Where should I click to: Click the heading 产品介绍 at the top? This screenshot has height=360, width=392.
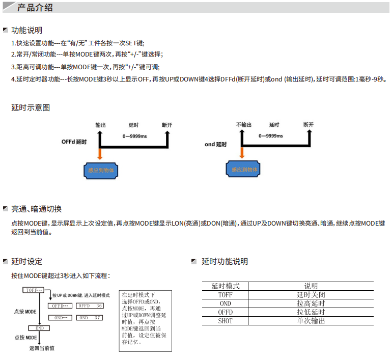tap(35, 8)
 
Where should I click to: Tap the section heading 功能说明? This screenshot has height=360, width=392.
tap(26, 31)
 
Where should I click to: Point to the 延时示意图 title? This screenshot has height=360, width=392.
tap(31, 108)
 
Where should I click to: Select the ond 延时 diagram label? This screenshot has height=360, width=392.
tap(216, 144)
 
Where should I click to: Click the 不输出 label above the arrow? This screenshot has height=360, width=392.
tap(244, 125)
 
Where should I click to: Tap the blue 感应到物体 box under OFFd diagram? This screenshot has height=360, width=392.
tap(101, 170)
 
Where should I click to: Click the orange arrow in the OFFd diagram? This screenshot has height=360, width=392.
tap(100, 154)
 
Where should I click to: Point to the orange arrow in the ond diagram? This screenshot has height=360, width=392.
tap(242, 153)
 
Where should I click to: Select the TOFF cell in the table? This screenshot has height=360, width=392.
tap(225, 295)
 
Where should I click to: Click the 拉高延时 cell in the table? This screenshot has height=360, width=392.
tap(311, 303)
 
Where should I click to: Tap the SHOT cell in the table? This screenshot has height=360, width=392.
tap(225, 321)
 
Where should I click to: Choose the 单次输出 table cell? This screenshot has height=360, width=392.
tap(311, 321)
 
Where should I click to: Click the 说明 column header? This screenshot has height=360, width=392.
tap(311, 286)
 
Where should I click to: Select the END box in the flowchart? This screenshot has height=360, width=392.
tap(39, 328)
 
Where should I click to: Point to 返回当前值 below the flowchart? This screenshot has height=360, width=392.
tap(42, 348)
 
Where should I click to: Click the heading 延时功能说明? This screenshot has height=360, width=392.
tap(225, 262)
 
